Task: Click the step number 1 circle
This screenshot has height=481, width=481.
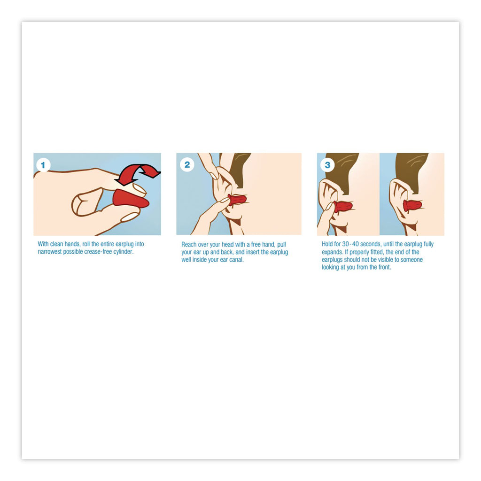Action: click(43, 165)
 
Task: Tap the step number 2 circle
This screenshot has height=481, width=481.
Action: click(187, 165)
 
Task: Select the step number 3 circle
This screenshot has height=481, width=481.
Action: click(327, 165)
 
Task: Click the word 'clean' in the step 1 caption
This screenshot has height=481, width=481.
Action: click(56, 244)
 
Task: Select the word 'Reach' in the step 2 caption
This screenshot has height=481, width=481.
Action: click(188, 244)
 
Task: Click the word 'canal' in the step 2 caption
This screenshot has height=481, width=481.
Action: click(236, 259)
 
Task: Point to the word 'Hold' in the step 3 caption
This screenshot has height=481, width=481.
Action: click(327, 244)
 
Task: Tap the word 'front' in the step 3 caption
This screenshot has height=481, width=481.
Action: click(384, 267)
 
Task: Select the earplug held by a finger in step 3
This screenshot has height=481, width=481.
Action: click(343, 207)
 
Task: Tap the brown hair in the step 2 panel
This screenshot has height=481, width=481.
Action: click(241, 167)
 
